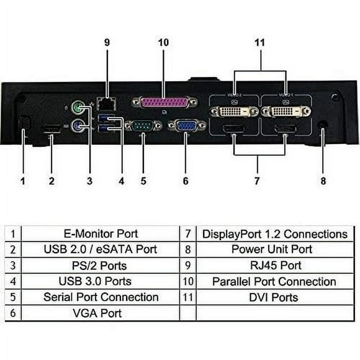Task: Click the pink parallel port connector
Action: [x=164, y=102]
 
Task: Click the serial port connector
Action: [x=143, y=126]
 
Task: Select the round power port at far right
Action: [x=323, y=124]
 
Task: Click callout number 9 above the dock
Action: [x=107, y=42]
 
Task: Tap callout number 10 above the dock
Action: [x=163, y=42]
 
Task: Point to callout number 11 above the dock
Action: [x=260, y=42]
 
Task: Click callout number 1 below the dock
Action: [x=23, y=181]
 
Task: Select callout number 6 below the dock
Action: [x=186, y=181]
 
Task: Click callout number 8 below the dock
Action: [x=322, y=181]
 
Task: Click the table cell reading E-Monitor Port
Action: [x=101, y=234]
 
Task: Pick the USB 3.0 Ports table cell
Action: [x=101, y=281]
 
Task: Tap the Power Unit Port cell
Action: [x=274, y=250]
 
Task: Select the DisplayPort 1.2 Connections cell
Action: [x=274, y=234]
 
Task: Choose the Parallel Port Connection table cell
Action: [x=274, y=281]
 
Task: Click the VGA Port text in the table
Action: [x=101, y=313]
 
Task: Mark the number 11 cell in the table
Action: [x=188, y=297]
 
